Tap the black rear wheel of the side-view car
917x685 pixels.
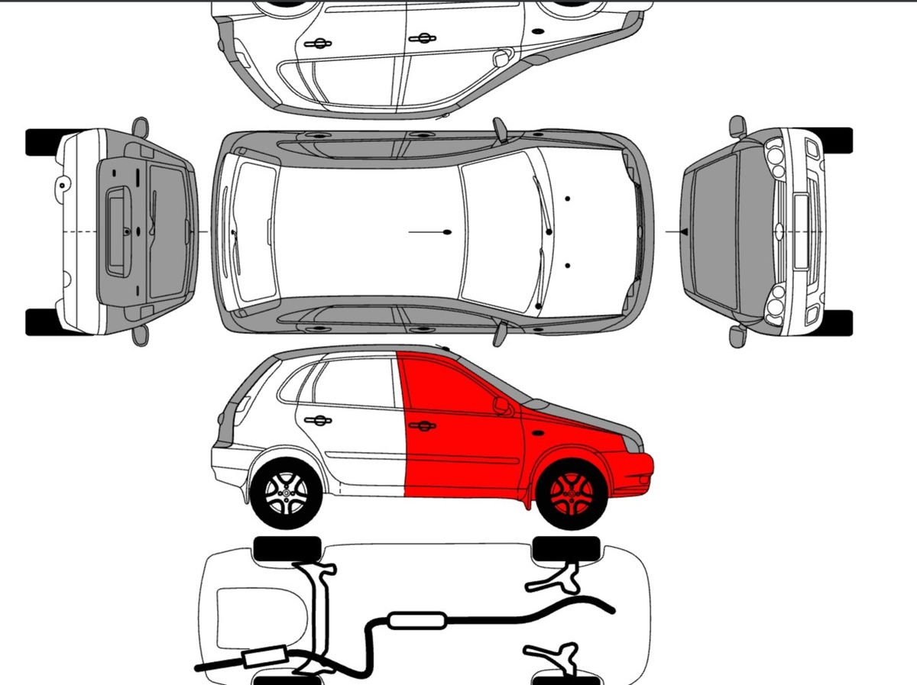(x=286, y=493)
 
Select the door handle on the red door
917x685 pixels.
(x=422, y=425)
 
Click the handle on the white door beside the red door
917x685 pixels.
(x=317, y=420)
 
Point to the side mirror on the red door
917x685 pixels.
(x=501, y=406)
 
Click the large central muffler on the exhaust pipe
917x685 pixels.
(x=417, y=620)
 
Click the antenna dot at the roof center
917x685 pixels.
(x=447, y=231)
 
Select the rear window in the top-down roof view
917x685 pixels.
(x=253, y=231)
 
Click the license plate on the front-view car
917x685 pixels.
(x=802, y=231)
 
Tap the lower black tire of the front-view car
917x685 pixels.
(x=833, y=322)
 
